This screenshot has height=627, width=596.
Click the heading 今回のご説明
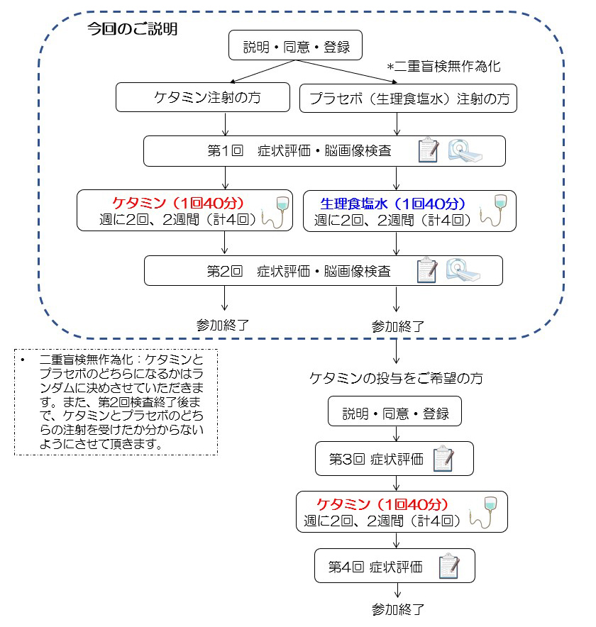[133, 29]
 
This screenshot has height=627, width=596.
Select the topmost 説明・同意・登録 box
[295, 45]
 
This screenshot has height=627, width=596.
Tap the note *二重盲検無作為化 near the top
[444, 67]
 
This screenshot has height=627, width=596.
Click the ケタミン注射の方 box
[203, 97]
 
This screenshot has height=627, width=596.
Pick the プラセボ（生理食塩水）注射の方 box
[408, 99]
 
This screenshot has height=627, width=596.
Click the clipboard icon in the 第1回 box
[428, 150]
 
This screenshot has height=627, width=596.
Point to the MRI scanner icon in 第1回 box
[465, 151]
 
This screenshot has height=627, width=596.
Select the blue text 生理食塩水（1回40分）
[392, 204]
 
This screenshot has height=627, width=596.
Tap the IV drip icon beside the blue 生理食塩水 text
[494, 211]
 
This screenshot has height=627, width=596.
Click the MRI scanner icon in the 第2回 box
[463, 270]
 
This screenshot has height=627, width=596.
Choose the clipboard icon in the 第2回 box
[427, 270]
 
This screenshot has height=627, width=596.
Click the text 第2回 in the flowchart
[224, 271]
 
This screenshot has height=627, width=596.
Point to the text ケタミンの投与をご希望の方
[396, 378]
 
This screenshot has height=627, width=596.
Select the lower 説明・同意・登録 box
[394, 411]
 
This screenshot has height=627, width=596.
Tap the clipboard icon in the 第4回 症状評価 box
[449, 566]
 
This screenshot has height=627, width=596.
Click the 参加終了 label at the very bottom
[397, 609]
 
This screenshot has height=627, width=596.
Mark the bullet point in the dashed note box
[23, 360]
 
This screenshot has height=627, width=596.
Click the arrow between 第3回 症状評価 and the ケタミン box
[396, 483]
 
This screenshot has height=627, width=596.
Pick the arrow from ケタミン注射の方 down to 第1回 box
[225, 124]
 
